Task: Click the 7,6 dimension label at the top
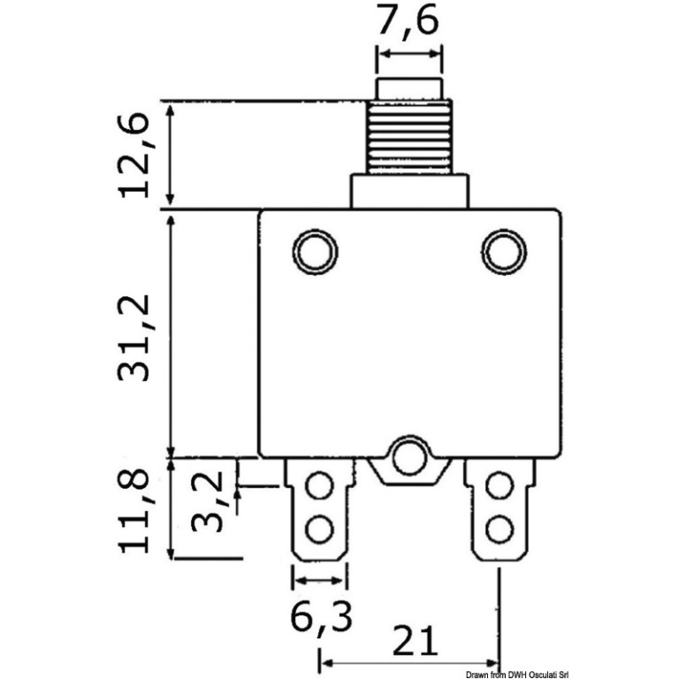point(408,23)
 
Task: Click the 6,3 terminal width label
point(321,619)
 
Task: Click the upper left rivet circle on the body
point(315,252)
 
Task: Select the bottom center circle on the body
point(408,456)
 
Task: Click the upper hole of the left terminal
point(318,487)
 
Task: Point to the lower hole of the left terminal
point(318,530)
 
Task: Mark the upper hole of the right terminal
point(500,487)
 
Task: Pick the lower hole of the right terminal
point(500,530)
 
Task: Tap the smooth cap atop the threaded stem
point(408,88)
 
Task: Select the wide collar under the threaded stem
point(408,191)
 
